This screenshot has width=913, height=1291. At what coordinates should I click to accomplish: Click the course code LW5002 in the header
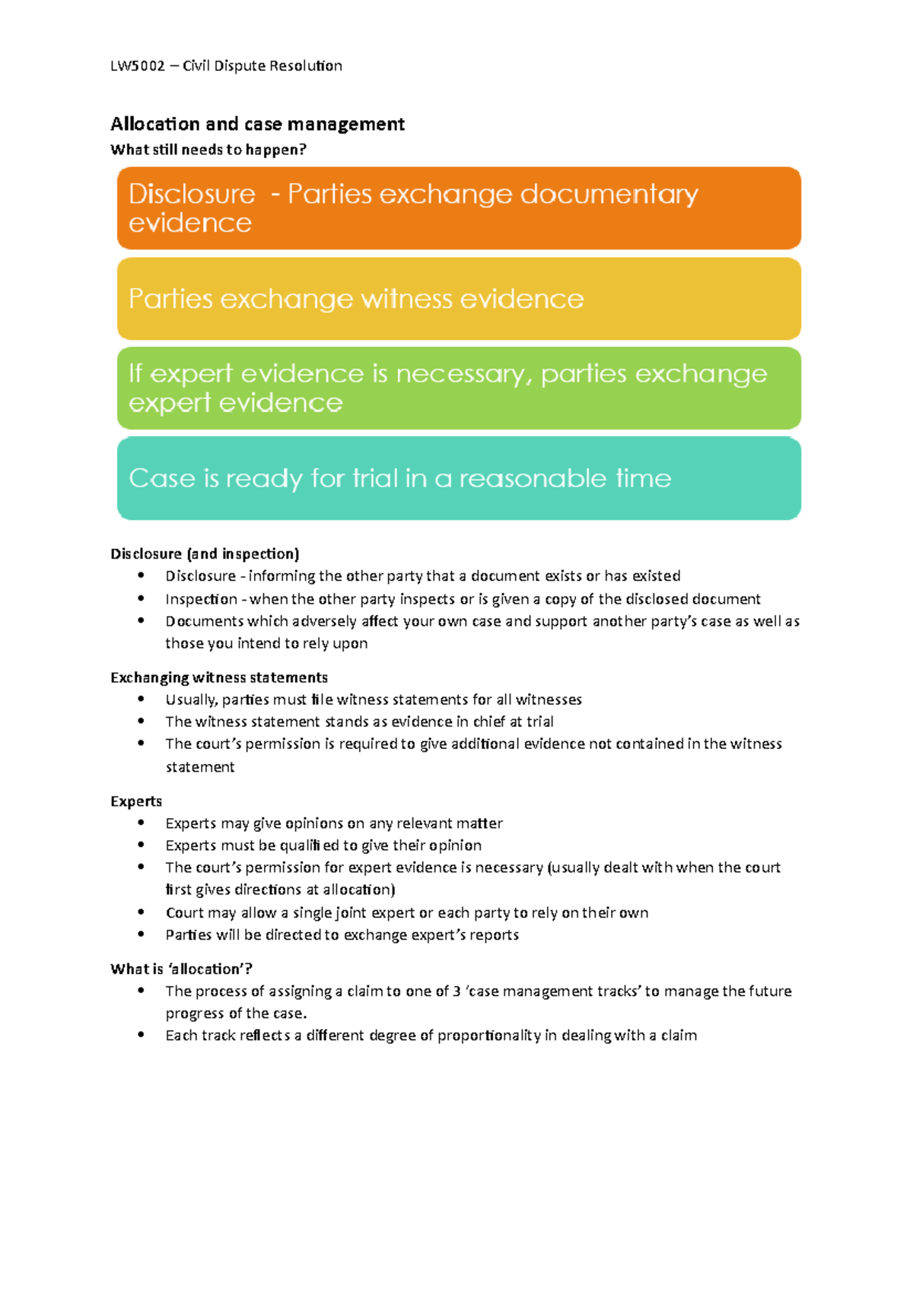coord(138,66)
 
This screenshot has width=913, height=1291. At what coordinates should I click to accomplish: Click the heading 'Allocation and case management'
coord(257,124)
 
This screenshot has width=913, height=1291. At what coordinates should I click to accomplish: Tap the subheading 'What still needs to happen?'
coord(208,150)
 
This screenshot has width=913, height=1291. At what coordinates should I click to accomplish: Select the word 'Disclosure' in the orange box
coord(192,194)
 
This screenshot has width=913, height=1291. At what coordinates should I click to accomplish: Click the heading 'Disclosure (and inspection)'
coord(205,554)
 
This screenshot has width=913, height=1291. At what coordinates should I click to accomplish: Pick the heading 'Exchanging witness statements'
coord(219,677)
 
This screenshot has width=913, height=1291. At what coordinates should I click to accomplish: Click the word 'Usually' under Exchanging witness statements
coord(191,699)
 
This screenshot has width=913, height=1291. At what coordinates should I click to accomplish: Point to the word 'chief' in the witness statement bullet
coord(489,722)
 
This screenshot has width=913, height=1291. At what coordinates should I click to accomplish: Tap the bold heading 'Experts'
coord(136,801)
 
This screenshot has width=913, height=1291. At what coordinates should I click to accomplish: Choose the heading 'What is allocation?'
coord(181,969)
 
